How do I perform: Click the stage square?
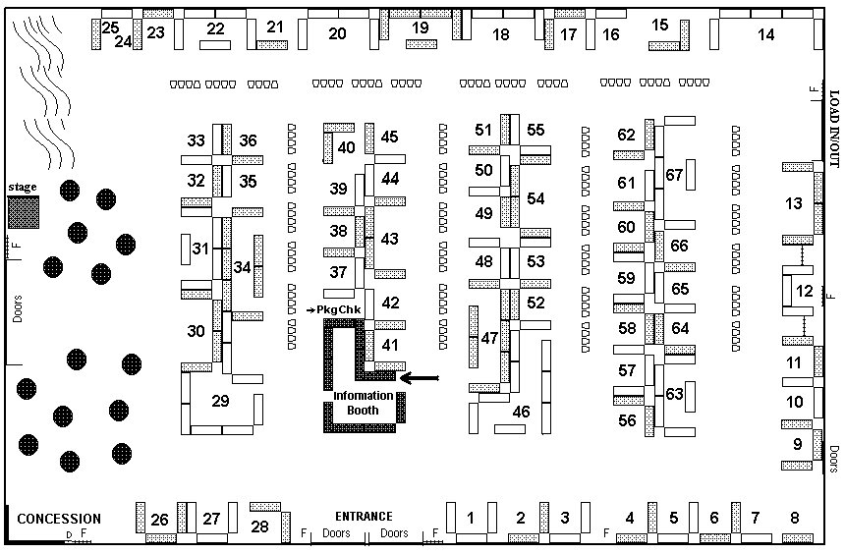pos(25,212)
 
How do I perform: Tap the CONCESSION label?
pos(59,519)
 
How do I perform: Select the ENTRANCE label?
pos(364,517)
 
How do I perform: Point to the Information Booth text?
pos(364,403)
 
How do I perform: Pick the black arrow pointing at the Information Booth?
pos(420,377)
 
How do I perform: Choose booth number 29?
pos(220,401)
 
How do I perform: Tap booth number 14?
pos(766,35)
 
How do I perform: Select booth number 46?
pos(521,412)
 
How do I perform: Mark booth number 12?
pos(805,291)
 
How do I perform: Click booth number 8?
pos(795,518)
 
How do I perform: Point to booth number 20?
pos(337,34)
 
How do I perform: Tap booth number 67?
pos(674,175)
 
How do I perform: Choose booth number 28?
pos(259,526)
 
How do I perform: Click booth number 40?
pos(346,147)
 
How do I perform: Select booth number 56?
pos(627,420)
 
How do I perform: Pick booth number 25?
pos(110,28)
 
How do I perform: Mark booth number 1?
pos(471,518)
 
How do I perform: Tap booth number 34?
pos(242,266)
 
